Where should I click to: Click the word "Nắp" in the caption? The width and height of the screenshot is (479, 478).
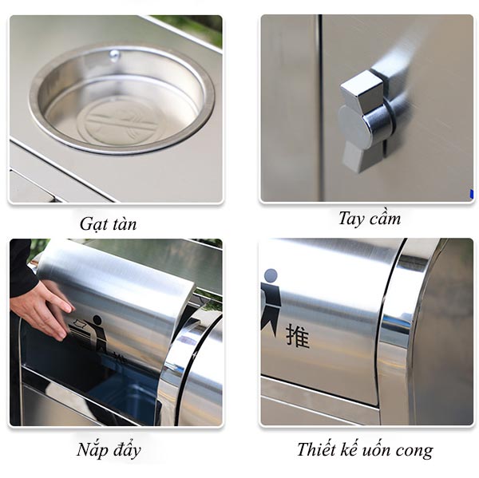pyautogui.click(x=93, y=450)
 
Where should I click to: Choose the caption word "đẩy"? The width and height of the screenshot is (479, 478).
pyautogui.click(x=125, y=450)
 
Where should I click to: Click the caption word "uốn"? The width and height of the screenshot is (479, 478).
pyautogui.click(x=386, y=450)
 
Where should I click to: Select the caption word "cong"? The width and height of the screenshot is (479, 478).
pyautogui.click(x=418, y=451)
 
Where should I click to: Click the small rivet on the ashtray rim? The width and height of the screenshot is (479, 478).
pyautogui.click(x=114, y=55)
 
